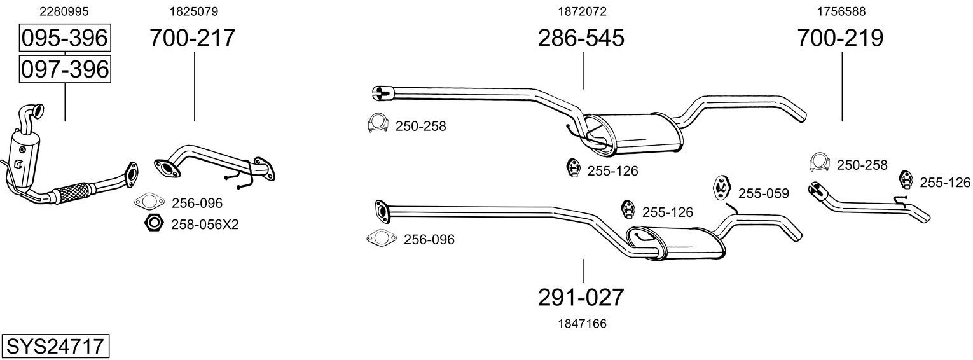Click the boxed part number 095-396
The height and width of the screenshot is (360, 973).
pos(65,38)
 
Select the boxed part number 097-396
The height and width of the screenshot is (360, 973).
pos(65,69)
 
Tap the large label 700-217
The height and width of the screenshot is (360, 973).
pos(193,38)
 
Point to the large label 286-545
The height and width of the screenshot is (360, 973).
pos(581,38)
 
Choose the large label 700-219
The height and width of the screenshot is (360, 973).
pos(840,38)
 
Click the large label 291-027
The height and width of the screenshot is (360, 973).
pos(581,298)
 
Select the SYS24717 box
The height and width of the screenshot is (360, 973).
pos(55,346)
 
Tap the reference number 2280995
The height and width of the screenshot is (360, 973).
pos(64,11)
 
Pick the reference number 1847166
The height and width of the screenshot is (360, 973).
pos(582,324)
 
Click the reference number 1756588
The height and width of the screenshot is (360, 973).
pos(841,11)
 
